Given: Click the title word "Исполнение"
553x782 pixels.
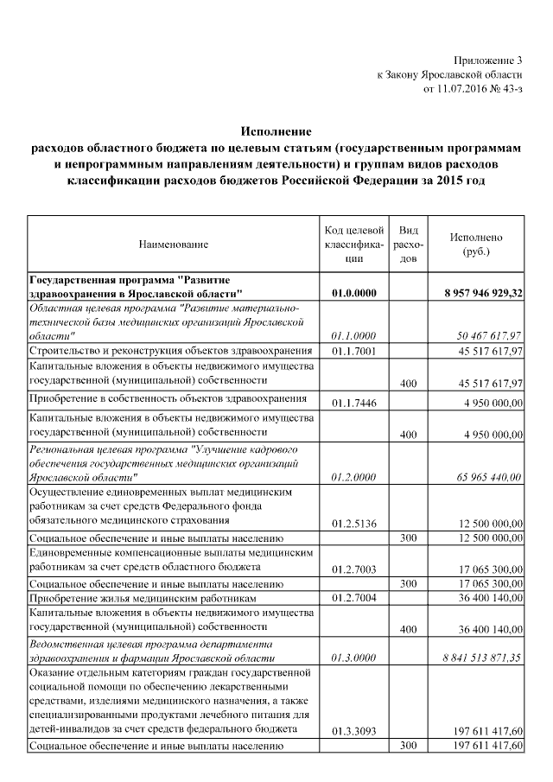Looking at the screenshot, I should (276, 132).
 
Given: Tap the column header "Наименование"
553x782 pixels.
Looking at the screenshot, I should (174, 245).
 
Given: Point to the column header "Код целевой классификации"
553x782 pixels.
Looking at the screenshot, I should (353, 245).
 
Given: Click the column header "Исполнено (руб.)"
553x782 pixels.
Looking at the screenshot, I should (476, 245).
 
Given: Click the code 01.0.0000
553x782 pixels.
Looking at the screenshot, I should (353, 294).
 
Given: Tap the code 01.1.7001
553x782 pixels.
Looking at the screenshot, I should (353, 351).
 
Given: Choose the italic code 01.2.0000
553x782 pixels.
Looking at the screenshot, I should (353, 477).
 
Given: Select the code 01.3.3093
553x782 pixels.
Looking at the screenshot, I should (353, 731).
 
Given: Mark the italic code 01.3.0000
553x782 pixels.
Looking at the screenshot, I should (353, 658).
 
